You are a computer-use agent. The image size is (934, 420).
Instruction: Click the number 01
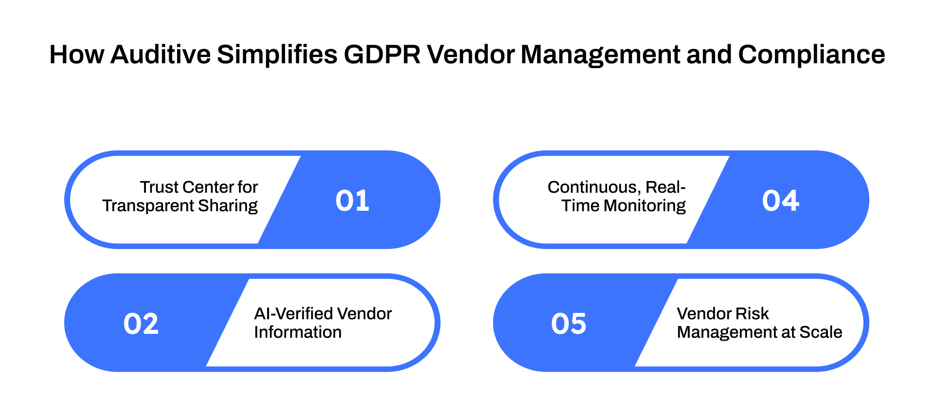pos(352,201)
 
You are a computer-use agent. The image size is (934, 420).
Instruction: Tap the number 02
pos(141,324)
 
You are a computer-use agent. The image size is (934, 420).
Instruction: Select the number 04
pos(780,201)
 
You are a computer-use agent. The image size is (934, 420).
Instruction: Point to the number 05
pos(569,324)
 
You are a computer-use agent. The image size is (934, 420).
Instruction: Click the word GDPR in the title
pos(382,55)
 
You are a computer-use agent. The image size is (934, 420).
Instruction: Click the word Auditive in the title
pos(161,55)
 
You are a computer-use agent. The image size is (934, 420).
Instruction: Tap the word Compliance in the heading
pos(811,55)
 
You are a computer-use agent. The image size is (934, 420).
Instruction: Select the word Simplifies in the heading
pos(277,55)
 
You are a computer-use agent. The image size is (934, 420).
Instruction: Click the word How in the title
pos(76,55)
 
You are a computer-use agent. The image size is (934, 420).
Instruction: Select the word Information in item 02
pos(298,332)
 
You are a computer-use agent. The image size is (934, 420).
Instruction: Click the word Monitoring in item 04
pos(645,206)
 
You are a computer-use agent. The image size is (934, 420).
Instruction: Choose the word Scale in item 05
pos(821,332)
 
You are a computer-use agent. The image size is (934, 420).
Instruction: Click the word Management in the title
pos(600,55)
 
